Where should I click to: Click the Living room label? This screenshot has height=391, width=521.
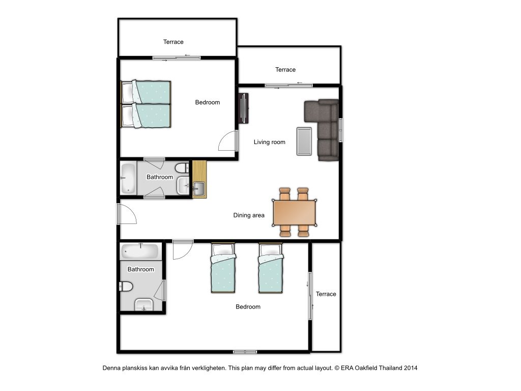click(x=270, y=143)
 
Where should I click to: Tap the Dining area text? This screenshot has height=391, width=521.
click(x=249, y=215)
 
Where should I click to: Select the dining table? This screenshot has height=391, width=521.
click(x=295, y=212)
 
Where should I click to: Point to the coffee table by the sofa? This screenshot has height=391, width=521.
click(x=304, y=142)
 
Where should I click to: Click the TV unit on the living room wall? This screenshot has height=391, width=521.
click(x=244, y=108)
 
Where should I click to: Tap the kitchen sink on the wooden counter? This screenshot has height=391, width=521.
click(x=199, y=188)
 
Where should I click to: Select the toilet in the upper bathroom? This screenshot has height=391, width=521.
click(x=182, y=168)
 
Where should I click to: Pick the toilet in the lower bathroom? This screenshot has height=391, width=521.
click(x=126, y=286)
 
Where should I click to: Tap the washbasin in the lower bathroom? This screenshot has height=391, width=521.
click(x=144, y=305)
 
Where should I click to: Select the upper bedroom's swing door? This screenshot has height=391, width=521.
click(x=228, y=141)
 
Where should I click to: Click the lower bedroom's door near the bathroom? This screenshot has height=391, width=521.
click(x=183, y=249)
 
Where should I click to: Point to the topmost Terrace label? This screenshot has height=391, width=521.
click(x=173, y=42)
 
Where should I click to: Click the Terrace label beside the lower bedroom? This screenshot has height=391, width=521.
click(x=326, y=294)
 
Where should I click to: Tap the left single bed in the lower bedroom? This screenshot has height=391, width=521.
click(x=223, y=268)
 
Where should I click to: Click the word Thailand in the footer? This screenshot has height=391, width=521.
click(x=391, y=368)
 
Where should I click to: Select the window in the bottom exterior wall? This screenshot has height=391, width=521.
click(x=245, y=352)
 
